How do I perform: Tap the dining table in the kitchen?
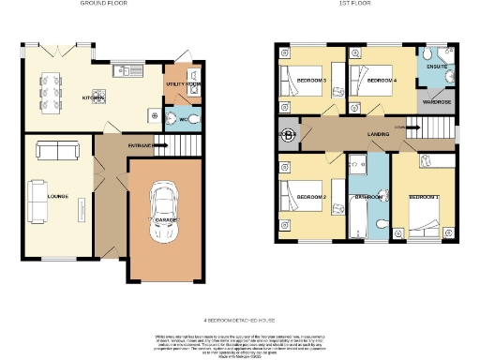coord(47,83)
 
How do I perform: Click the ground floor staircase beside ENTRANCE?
coord(167,145)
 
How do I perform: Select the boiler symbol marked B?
coord(286,135)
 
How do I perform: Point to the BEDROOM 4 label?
coord(380,82)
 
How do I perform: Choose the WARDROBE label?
coord(437,100)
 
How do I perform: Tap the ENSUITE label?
coord(437,67)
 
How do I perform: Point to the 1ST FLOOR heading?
coord(362,4)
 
